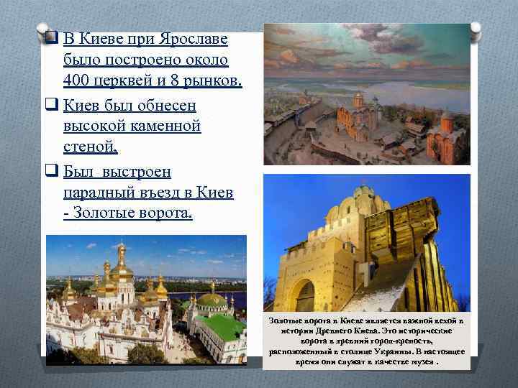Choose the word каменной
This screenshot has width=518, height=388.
point(162,127)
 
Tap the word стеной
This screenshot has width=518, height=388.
point(89,149)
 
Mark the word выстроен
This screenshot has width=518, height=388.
point(136,172)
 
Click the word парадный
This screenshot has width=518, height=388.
point(100,194)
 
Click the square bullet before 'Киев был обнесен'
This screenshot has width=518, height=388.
point(51,106)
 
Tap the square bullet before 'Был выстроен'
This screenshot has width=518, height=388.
point(51,172)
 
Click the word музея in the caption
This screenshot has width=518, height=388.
point(422,363)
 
